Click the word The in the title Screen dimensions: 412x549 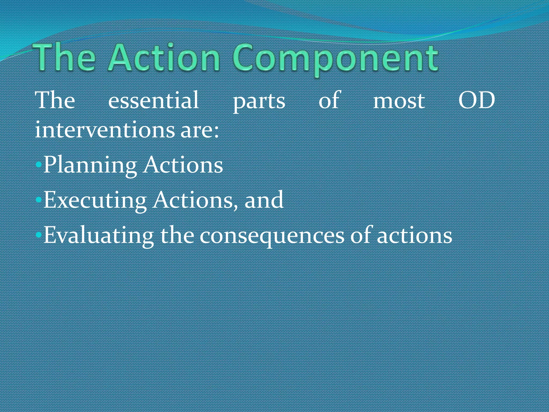coord(64,58)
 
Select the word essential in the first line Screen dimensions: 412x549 coord(153,100)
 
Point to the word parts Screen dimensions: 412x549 coord(259,102)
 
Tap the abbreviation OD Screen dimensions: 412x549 coord(476,100)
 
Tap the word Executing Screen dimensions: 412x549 coord(95,201)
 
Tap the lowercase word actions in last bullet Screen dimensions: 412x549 coord(414,236)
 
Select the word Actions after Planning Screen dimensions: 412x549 coord(183,165)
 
